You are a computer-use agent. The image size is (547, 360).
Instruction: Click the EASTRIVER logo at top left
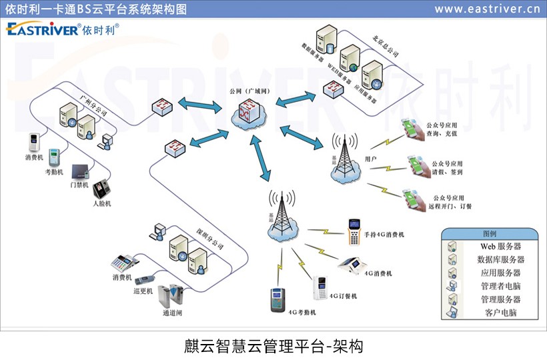click(x=61, y=29)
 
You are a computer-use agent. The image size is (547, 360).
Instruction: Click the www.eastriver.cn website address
click(x=487, y=9)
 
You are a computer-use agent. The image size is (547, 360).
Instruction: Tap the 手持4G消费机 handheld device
click(x=354, y=231)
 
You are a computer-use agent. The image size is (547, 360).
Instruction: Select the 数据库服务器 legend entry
click(x=500, y=260)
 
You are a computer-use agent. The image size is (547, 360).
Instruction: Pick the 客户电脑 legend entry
click(x=500, y=313)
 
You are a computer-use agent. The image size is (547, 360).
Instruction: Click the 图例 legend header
click(x=489, y=234)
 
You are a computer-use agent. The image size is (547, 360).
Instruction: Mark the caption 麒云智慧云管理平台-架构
click(x=273, y=346)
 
